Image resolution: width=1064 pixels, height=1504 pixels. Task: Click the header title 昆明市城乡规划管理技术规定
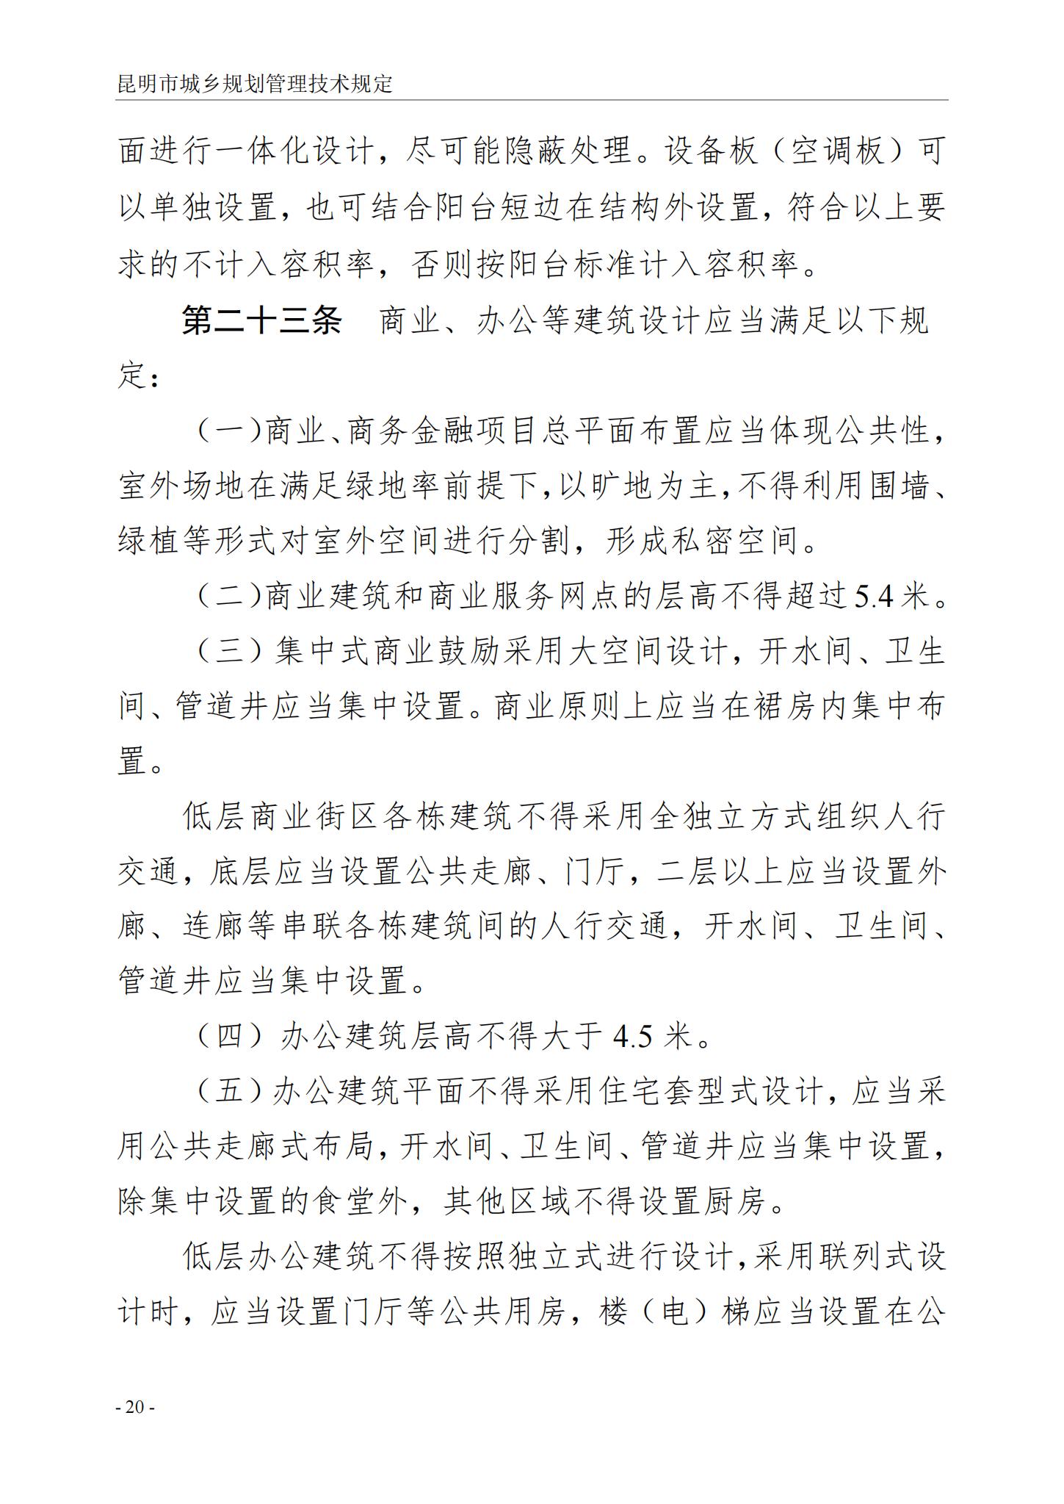tap(255, 83)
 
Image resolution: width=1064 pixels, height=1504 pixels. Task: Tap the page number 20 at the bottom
tap(135, 1408)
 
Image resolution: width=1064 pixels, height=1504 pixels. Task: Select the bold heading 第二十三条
tap(262, 321)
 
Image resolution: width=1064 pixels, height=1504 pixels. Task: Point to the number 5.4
tap(875, 597)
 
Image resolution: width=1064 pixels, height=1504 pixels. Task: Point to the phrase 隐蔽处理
tap(569, 152)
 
